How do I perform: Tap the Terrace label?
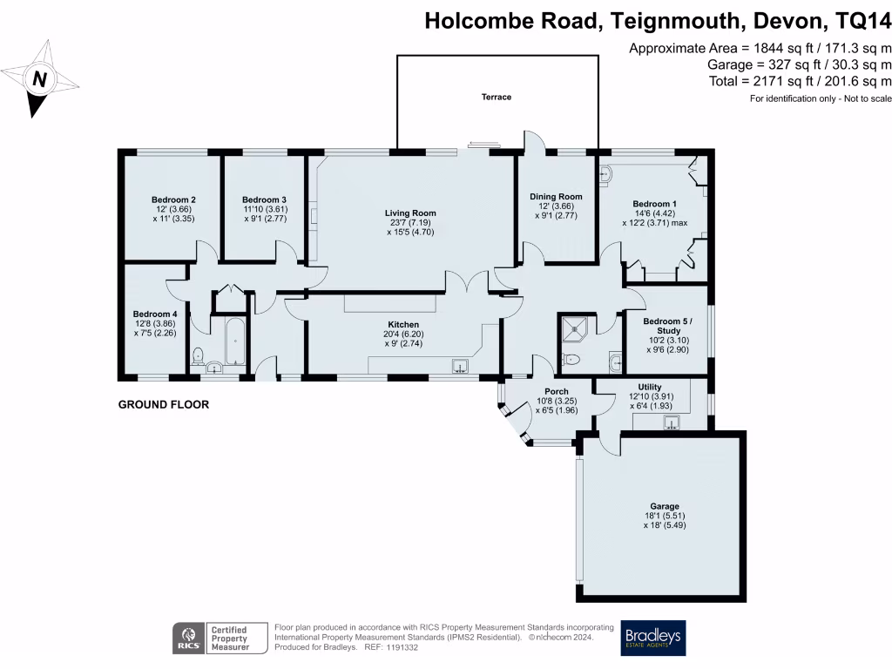pos(497,97)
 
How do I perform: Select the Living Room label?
pos(410,213)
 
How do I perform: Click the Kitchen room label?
pos(403,324)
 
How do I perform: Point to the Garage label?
pos(664,506)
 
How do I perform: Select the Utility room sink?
pos(672,423)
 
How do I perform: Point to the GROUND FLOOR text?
pos(163,405)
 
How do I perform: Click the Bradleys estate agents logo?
pos(653,638)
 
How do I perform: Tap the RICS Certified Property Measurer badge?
pos(213,638)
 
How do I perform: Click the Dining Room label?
pos(556,197)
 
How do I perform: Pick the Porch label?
pos(557,391)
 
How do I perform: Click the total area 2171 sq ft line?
pos(801,81)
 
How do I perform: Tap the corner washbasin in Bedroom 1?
pos(605,175)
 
